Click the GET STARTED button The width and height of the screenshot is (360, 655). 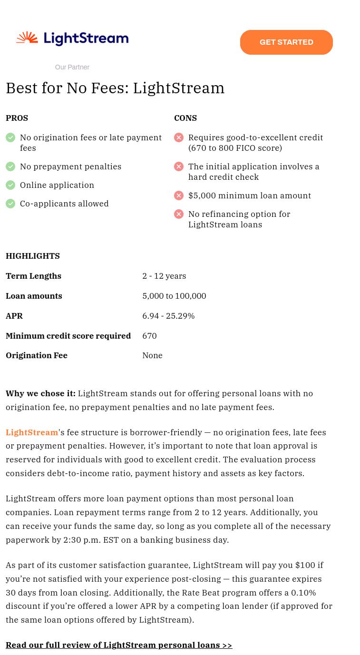286,42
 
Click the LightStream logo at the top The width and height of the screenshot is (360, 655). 72,39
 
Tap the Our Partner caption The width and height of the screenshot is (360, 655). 72,67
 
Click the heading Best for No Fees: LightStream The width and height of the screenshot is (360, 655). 115,88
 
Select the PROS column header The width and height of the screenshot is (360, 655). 17,118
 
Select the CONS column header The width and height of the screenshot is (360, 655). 185,118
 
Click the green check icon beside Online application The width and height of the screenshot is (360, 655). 10,185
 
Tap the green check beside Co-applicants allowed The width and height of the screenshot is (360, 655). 10,204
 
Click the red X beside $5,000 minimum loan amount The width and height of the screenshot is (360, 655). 179,196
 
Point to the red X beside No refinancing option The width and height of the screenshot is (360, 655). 179,214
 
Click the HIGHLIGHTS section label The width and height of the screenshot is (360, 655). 33,256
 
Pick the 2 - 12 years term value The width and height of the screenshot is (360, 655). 164,276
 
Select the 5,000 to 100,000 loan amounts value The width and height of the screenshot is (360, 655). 174,296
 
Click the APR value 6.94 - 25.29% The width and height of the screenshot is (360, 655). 168,316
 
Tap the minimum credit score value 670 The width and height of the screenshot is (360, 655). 149,336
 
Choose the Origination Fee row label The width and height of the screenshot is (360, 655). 37,355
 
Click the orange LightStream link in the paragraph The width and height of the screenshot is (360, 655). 32,432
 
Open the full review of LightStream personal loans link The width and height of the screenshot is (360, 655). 119,645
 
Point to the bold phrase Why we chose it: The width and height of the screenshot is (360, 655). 40,393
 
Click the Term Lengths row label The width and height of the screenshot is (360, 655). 33,276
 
